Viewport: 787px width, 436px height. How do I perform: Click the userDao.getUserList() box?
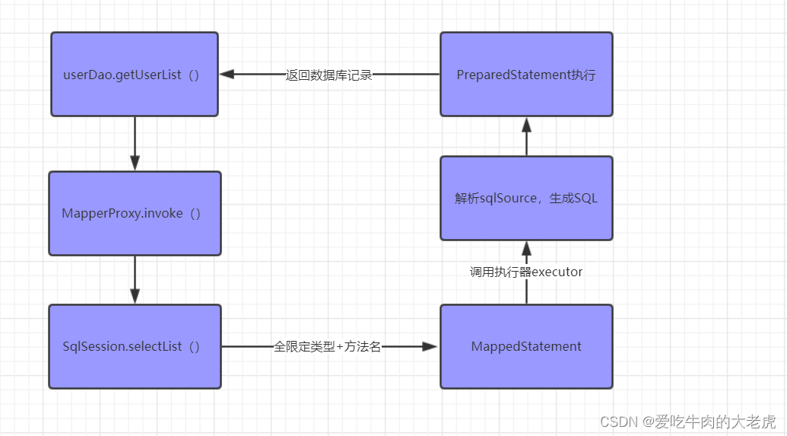[x=135, y=75]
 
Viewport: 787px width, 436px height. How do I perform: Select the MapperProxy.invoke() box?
[x=135, y=214]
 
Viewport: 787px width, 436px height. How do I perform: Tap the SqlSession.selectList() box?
[x=135, y=346]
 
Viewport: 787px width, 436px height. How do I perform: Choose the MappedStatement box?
[x=526, y=346]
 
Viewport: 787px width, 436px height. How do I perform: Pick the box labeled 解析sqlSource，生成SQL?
[x=526, y=199]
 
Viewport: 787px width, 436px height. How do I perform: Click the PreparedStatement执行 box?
[x=526, y=75]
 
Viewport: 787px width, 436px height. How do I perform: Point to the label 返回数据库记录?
[x=328, y=75]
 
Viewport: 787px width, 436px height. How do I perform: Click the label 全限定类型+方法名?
[x=327, y=346]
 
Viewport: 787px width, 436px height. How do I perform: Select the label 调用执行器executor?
[x=526, y=272]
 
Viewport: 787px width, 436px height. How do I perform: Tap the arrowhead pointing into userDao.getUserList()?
[x=227, y=75]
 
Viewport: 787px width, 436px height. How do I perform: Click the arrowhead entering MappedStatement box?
[x=430, y=346]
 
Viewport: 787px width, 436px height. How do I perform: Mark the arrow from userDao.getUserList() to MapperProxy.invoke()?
[x=135, y=144]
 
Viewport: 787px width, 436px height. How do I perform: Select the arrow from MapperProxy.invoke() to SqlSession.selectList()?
[x=135, y=280]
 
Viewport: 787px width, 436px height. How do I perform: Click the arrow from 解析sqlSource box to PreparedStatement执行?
[x=526, y=137]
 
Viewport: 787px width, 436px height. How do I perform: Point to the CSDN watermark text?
[x=687, y=422]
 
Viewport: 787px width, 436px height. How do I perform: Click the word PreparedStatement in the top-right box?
[x=513, y=75]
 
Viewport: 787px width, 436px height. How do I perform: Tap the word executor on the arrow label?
[x=557, y=272]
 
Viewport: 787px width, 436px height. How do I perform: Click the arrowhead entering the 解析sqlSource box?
[x=526, y=249]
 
